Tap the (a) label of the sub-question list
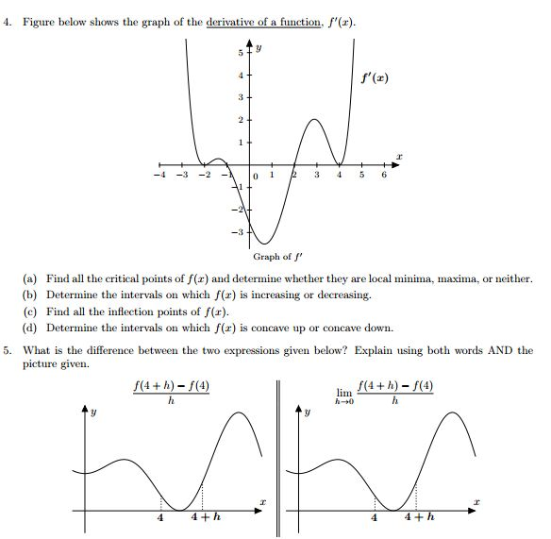pyautogui.click(x=30, y=280)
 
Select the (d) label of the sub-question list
pyautogui.click(x=30, y=328)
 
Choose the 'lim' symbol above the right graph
pyautogui.click(x=344, y=392)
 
